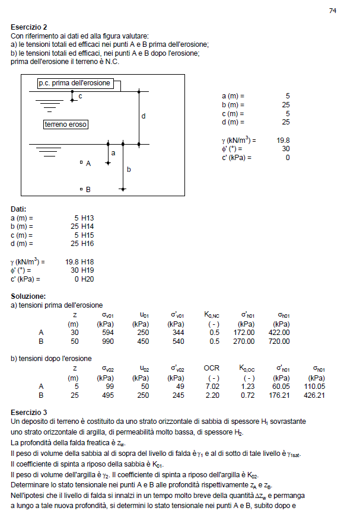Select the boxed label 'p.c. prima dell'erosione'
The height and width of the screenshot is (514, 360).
click(74, 83)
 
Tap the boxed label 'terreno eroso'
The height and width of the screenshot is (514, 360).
click(66, 124)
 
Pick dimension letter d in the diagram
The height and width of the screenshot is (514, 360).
click(144, 117)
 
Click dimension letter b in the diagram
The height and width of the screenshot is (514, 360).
click(128, 169)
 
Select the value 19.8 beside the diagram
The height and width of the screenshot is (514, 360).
click(283, 141)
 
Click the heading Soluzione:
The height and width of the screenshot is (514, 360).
click(28, 296)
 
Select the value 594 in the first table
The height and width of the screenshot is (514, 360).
click(107, 333)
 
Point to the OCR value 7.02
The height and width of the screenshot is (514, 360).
click(212, 386)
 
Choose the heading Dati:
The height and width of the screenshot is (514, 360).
click(19, 209)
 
